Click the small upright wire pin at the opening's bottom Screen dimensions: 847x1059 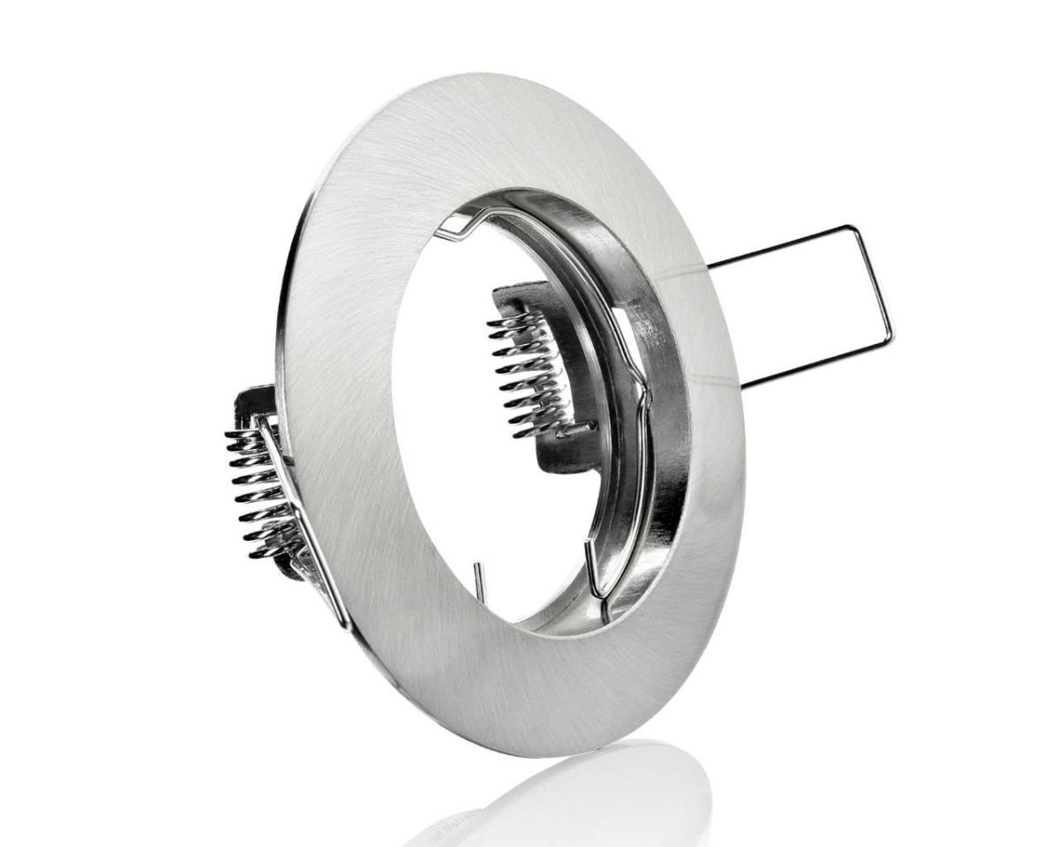click(477, 582)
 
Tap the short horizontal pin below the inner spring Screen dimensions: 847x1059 click(578, 431)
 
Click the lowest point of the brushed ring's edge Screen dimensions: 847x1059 click(565, 755)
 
